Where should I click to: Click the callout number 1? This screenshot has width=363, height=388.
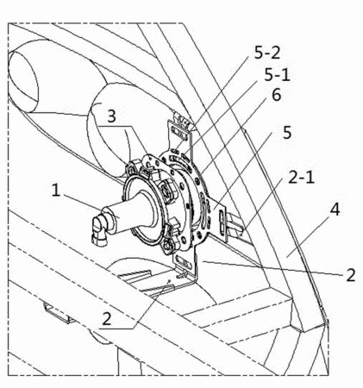tap(56, 191)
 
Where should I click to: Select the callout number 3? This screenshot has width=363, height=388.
tap(111, 116)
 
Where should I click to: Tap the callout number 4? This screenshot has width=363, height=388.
tap(335, 210)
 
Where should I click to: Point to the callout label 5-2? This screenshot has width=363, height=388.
tap(267, 53)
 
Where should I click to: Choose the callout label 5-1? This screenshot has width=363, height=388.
tap(277, 75)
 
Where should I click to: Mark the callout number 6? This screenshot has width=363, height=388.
tap(277, 95)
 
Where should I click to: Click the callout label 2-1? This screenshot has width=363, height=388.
tap(301, 178)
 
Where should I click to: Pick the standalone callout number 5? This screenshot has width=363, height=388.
tap(287, 132)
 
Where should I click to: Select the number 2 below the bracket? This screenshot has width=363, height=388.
tap(107, 318)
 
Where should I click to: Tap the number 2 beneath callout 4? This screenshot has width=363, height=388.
tap(351, 274)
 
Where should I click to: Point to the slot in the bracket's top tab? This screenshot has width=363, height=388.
tap(178, 132)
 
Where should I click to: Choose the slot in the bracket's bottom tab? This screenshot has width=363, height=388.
tap(183, 261)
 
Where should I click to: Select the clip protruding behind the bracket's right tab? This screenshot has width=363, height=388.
tap(235, 227)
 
